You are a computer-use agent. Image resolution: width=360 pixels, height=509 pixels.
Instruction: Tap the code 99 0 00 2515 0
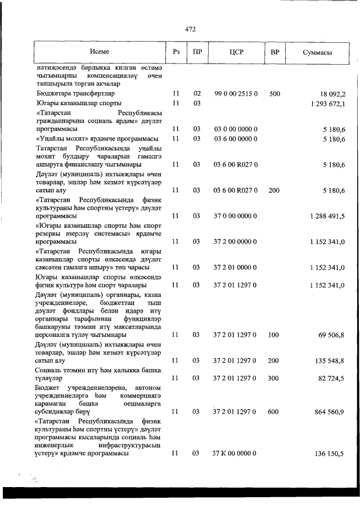[x=236, y=94]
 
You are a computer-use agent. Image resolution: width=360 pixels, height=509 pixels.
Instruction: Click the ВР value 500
[x=274, y=94]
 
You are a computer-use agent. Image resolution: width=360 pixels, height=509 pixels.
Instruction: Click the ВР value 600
[x=274, y=412]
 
